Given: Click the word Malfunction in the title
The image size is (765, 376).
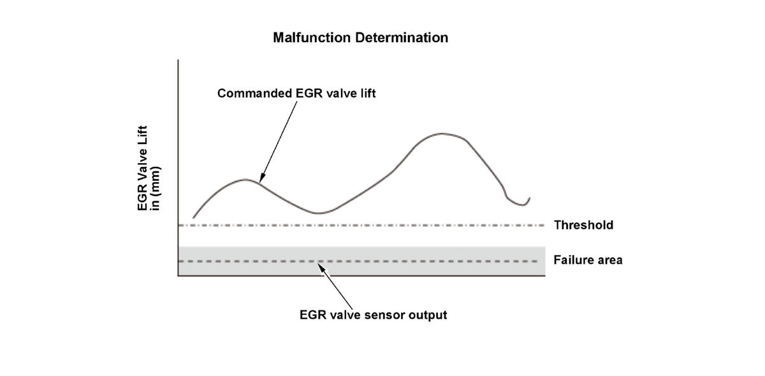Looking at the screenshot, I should click(303, 38).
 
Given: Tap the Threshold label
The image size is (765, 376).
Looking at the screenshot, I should click(583, 225).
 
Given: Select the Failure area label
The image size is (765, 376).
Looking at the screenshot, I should click(588, 260).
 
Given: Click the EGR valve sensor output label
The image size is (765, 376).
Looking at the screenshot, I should click(373, 315).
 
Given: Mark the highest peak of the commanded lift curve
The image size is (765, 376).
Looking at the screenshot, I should click(441, 133).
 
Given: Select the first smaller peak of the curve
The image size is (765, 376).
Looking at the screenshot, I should click(245, 179).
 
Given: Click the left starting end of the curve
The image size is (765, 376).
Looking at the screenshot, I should click(193, 218).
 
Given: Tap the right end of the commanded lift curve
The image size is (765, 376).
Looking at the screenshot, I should click(529, 198).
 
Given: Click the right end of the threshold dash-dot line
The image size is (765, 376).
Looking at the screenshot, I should click(543, 225).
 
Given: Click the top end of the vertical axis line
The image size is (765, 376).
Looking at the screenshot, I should click(178, 61).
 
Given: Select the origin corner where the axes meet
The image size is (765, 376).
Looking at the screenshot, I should click(178, 275).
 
